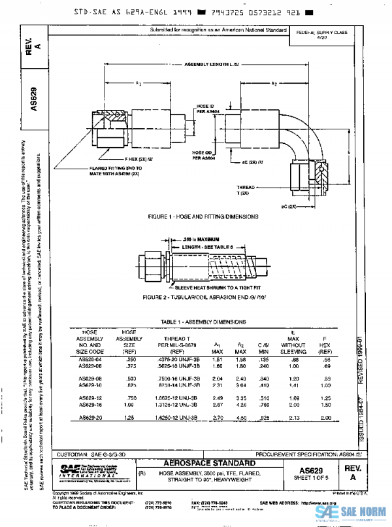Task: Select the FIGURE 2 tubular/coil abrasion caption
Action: (203, 297)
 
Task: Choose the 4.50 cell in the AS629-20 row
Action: (240, 417)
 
